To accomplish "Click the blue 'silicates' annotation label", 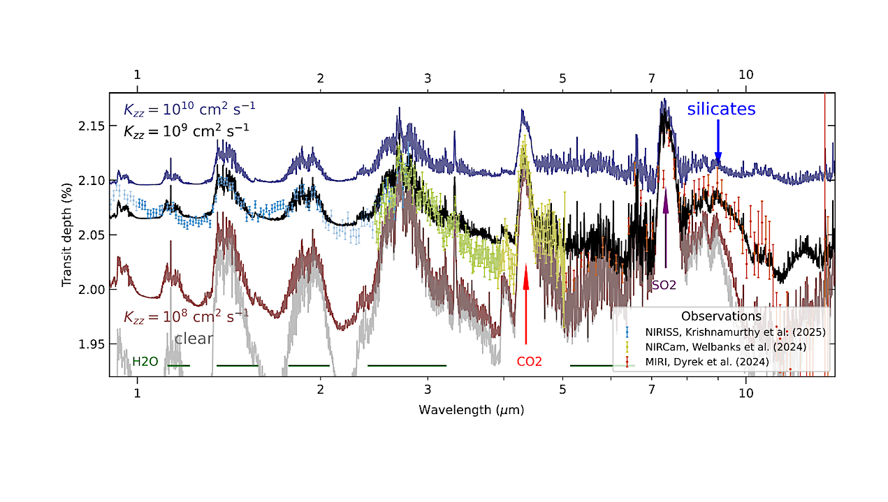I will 721,110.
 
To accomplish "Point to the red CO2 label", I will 529,362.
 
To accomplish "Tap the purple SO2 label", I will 664,285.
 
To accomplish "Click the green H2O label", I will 145,362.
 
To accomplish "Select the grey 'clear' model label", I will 194,339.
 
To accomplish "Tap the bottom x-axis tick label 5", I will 562,391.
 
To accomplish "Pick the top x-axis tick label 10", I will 745,75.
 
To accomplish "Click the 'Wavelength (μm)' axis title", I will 472,410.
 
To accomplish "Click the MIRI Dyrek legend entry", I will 709,362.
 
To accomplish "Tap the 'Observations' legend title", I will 721,316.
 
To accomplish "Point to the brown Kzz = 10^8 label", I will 185,316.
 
